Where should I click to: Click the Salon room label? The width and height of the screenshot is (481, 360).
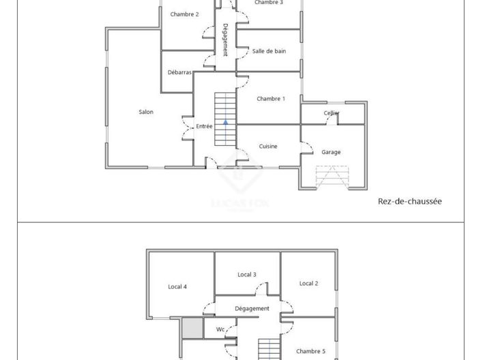(x=146, y=112)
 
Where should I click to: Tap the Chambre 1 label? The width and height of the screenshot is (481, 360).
(x=271, y=99)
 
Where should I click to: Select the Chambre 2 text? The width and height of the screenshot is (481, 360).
(x=184, y=14)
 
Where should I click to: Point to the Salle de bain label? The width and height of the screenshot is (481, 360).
(x=269, y=51)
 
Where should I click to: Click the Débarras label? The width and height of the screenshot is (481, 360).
(x=179, y=72)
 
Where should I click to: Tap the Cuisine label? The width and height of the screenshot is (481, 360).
(x=268, y=147)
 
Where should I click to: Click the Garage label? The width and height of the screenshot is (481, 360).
(x=331, y=152)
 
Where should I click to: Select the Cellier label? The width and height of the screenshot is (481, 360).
(x=332, y=113)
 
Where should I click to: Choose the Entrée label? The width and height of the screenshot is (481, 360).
(x=204, y=126)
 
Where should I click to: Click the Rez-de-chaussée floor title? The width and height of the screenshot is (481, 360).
(x=410, y=201)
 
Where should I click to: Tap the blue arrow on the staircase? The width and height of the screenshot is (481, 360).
(x=225, y=122)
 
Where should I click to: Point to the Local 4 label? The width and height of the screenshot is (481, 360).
(x=177, y=287)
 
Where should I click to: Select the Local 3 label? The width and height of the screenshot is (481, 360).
(x=247, y=275)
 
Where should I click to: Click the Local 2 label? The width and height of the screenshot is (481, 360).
(x=308, y=284)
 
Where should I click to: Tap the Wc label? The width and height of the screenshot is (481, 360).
(x=220, y=329)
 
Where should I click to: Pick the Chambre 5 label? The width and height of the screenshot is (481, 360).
(x=310, y=352)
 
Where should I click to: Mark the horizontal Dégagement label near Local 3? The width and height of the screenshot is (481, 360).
(x=252, y=309)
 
